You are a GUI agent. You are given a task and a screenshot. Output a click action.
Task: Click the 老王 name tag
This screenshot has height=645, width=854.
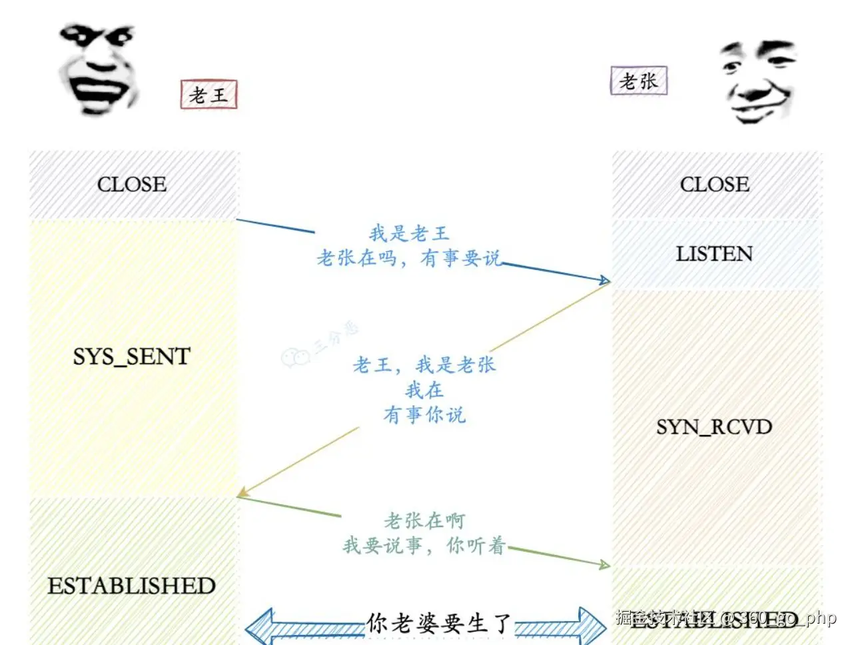(209, 95)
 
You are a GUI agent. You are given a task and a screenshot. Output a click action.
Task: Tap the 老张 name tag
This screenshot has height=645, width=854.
(638, 81)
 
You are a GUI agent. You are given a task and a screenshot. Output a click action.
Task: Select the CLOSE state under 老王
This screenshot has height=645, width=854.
(132, 185)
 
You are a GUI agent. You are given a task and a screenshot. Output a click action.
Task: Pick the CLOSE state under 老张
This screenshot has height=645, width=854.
(715, 185)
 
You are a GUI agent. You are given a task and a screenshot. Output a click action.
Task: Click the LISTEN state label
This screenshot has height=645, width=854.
(714, 254)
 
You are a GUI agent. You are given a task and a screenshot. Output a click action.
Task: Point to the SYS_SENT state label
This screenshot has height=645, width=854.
(132, 356)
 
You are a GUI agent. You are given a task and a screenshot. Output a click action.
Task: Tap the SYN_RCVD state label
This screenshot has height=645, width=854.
(714, 426)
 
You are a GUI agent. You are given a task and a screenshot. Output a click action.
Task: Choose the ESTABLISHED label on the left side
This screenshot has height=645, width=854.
(132, 586)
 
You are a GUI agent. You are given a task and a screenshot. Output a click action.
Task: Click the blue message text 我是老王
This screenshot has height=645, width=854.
(409, 233)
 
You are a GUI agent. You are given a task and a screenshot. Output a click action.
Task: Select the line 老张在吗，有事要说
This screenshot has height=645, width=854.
(408, 258)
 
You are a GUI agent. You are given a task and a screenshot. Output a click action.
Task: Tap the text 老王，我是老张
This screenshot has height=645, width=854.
(424, 364)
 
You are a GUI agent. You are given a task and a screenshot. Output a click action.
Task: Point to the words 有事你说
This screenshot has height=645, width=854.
(424, 415)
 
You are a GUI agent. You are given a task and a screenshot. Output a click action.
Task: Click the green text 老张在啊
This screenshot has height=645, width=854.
(424, 520)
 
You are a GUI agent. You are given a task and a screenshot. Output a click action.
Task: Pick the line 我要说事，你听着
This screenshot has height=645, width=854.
(424, 546)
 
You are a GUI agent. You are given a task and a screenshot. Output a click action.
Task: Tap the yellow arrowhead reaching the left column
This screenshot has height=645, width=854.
(242, 493)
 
